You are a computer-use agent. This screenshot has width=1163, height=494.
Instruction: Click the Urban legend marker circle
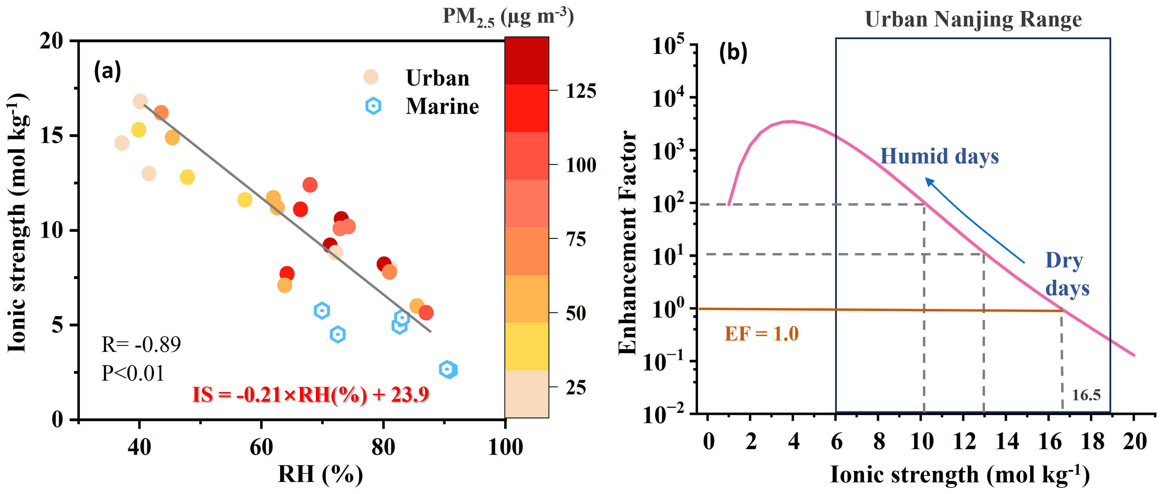tap(371, 77)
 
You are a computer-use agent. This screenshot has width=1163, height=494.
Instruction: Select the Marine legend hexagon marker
tap(373, 106)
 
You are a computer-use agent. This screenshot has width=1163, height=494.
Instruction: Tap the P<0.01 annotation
tap(133, 373)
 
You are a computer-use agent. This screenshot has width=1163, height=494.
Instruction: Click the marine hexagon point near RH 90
tap(448, 369)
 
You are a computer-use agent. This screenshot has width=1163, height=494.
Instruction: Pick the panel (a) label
tap(107, 71)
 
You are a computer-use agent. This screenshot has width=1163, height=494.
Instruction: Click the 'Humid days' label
tap(939, 157)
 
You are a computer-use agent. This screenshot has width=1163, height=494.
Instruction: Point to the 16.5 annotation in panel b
tap(1086, 395)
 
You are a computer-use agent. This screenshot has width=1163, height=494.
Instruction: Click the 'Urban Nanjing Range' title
tap(973, 20)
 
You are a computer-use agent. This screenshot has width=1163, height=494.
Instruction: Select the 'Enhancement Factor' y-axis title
tap(628, 242)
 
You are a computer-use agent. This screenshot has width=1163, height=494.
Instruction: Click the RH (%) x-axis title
tap(320, 474)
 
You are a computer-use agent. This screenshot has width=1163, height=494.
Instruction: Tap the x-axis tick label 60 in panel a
tap(261, 447)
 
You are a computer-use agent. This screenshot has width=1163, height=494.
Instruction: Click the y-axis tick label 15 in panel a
tap(51, 136)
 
